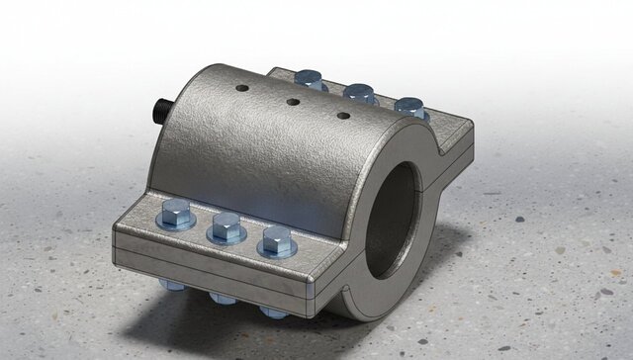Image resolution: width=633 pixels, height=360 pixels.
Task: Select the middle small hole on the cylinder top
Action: pyautogui.click(x=293, y=101)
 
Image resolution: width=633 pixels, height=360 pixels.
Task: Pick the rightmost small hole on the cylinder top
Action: pyautogui.click(x=343, y=116)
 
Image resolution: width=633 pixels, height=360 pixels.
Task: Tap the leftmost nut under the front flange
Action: pyautogui.click(x=172, y=285)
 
